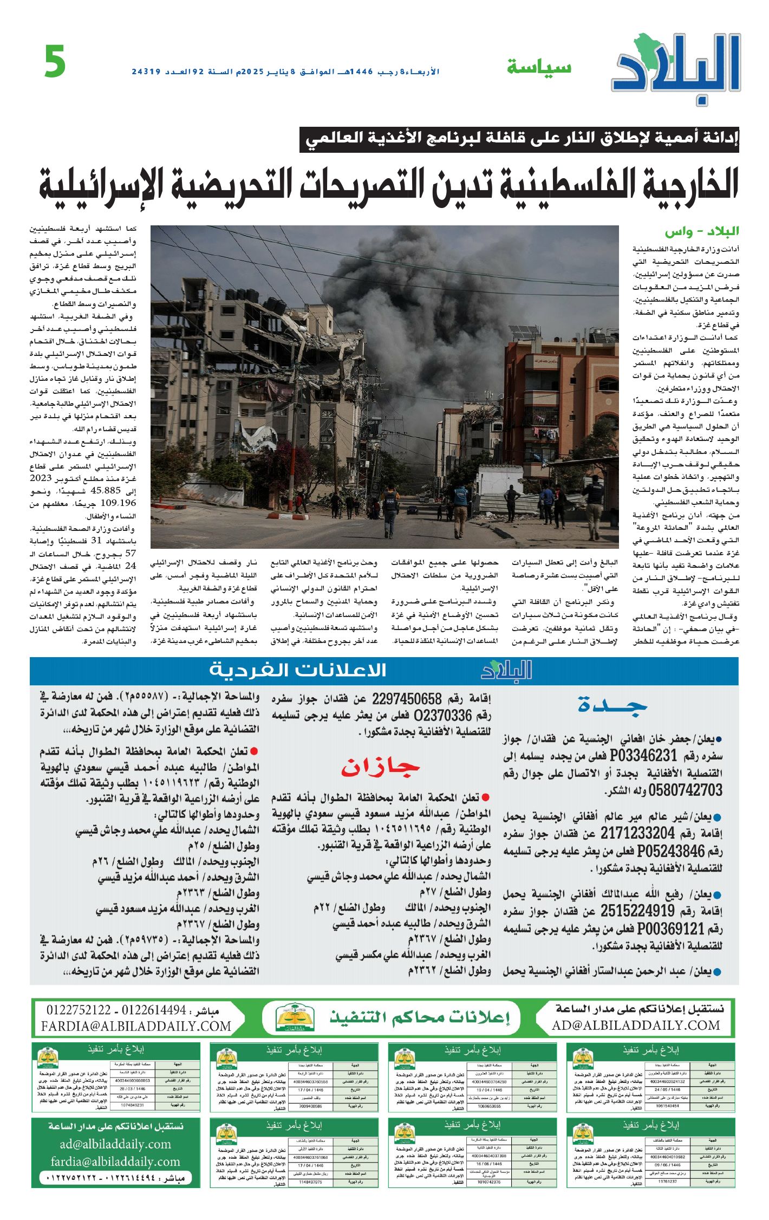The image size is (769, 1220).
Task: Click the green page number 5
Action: [55, 62]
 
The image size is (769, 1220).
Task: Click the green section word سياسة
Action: [539, 67]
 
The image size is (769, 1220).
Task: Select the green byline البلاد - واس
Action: [702, 232]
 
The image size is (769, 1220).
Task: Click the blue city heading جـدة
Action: [612, 705]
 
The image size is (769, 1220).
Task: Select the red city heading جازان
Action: [380, 767]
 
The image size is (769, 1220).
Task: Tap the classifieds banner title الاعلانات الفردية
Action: [298, 671]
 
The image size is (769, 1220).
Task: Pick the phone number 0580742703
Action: [685, 790]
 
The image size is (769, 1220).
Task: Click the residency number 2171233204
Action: [637, 833]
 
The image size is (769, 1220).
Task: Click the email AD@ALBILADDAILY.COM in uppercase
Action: [636, 1026]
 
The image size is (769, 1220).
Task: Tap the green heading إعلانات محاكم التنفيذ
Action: [420, 1018]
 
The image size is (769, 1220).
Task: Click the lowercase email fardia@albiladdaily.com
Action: [115, 1161]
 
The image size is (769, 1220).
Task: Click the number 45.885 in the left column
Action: [105, 491]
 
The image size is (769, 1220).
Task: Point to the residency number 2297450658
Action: [407, 698]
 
